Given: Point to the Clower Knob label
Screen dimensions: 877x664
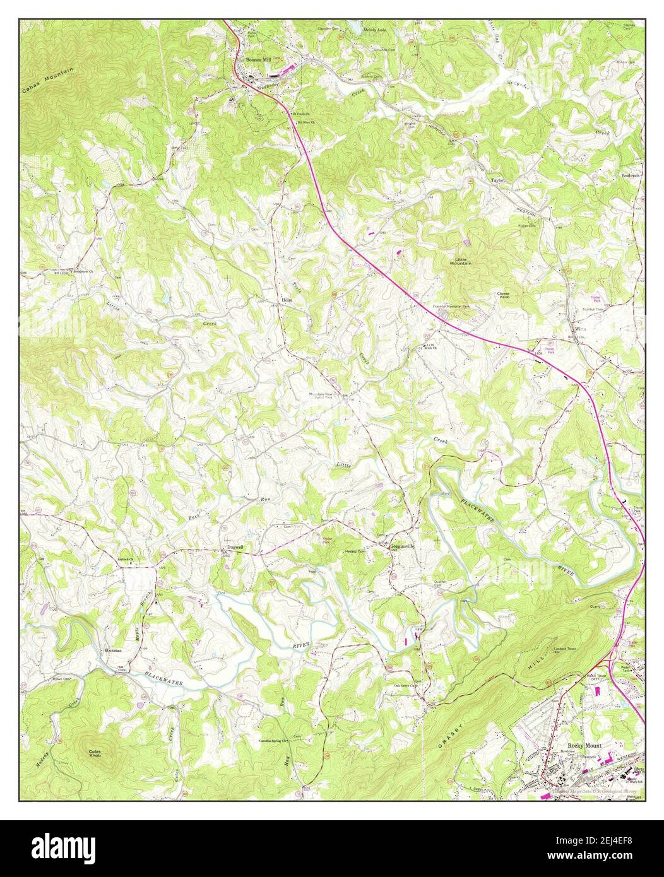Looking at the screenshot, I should click(x=503, y=295).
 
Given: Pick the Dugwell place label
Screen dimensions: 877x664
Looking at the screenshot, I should click(x=235, y=547).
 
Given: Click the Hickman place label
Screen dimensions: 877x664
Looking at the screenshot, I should click(x=112, y=649).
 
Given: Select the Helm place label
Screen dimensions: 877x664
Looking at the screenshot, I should click(x=287, y=300).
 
